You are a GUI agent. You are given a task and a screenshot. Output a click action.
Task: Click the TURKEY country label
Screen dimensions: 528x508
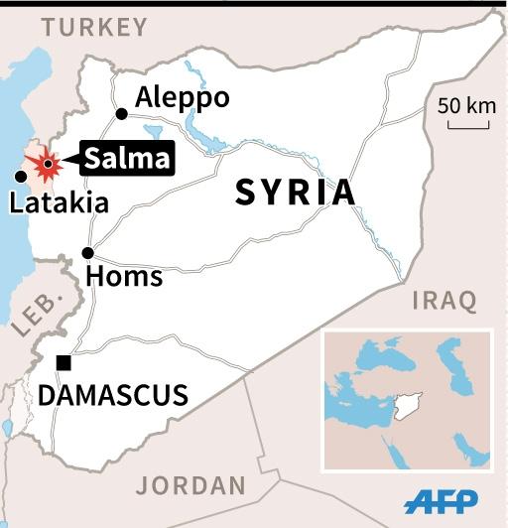pyautogui.click(x=94, y=27)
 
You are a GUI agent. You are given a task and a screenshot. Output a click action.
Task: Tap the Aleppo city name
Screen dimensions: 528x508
pyautogui.click(x=183, y=98)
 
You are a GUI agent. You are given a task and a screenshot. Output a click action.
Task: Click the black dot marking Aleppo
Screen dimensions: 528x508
pyautogui.click(x=121, y=114)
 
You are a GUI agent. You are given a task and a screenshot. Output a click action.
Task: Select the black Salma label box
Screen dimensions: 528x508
pyautogui.click(x=128, y=158)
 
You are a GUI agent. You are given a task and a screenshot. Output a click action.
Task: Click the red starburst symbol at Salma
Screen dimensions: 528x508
pyautogui.click(x=45, y=164)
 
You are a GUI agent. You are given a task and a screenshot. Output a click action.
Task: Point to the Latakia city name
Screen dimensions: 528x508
pyautogui.click(x=59, y=204)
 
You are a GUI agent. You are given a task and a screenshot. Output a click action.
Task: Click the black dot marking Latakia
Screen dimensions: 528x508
pyautogui.click(x=20, y=177)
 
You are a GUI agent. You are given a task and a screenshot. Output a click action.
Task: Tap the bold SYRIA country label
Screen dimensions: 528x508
pyautogui.click(x=295, y=193)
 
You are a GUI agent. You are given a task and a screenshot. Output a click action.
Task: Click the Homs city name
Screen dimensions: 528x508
pyautogui.click(x=124, y=276)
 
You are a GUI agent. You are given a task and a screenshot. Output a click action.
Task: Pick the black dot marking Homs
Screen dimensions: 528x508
pyautogui.click(x=88, y=252)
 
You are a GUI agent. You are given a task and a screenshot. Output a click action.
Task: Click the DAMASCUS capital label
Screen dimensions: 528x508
pyautogui.click(x=113, y=396)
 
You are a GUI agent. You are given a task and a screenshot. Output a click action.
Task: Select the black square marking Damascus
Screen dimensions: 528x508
pyautogui.click(x=63, y=363)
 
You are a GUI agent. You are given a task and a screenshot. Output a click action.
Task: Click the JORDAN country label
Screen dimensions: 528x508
pyautogui.click(x=190, y=485)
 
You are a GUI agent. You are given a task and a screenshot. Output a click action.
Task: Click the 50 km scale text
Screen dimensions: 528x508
pyautogui.click(x=466, y=105)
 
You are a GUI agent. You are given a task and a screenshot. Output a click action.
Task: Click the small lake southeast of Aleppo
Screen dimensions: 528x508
pyautogui.click(x=153, y=130)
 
